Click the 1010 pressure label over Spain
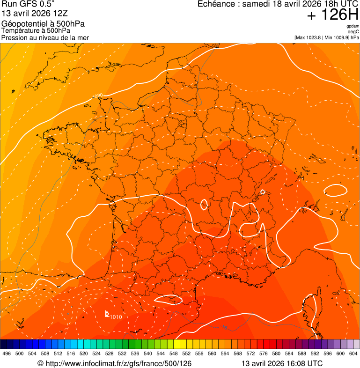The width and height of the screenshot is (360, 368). [x=116, y=317]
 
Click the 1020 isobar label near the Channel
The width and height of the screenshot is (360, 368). [x=97, y=96]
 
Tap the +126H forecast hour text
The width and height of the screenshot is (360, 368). [x=333, y=15]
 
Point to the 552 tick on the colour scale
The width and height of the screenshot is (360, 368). [x=186, y=353]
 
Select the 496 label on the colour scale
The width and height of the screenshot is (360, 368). [x=7, y=353]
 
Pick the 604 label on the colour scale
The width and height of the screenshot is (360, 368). [x=353, y=353]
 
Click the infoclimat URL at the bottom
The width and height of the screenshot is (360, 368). [x=115, y=363]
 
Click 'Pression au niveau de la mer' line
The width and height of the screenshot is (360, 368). [x=45, y=37]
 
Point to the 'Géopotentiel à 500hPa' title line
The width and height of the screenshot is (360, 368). [x=43, y=24]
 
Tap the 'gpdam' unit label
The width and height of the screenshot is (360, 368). [x=353, y=27]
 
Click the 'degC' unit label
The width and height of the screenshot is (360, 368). [x=353, y=32]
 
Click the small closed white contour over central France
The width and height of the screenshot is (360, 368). [x=204, y=205]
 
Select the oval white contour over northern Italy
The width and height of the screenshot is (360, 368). [x=335, y=190]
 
